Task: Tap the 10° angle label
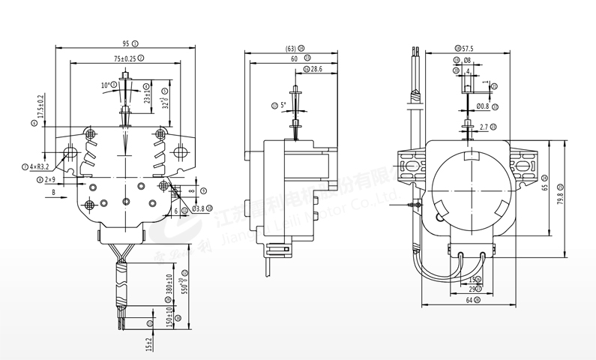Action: tap(106, 85)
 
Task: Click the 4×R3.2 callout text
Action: tap(39, 166)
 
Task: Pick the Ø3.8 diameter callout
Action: tap(199, 208)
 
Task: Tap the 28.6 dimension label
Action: tap(316, 69)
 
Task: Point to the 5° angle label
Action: tap(283, 105)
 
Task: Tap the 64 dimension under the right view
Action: tap(469, 300)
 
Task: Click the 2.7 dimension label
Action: tap(484, 127)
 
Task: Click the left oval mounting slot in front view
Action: tap(71, 153)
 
